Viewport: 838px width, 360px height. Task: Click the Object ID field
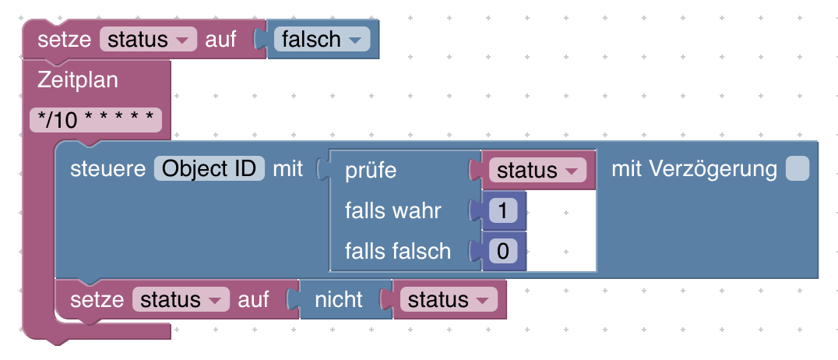(209, 168)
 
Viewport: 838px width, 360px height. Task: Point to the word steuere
(108, 168)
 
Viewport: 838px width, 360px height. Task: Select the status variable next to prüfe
(537, 170)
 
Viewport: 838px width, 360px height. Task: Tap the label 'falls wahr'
(393, 210)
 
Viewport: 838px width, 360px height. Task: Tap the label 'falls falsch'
(397, 251)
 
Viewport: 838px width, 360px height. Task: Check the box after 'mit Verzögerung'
(797, 169)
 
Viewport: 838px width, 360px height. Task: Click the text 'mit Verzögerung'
(694, 168)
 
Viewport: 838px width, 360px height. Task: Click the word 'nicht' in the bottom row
(338, 299)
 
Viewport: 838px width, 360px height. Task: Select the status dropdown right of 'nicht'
(449, 299)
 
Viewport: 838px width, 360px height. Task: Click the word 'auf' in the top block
(220, 39)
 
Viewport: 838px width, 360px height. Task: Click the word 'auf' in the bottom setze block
(253, 299)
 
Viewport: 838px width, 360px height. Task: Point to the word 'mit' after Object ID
(287, 168)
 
